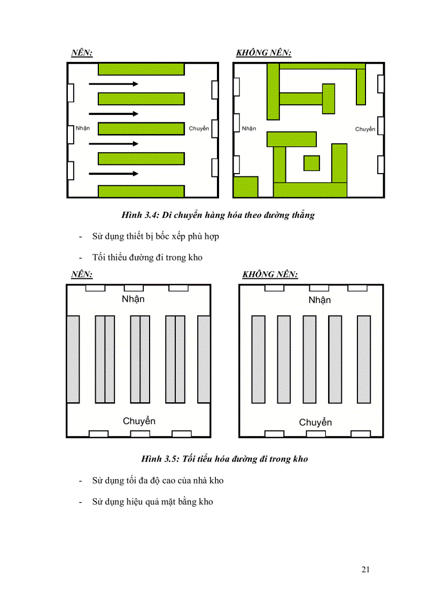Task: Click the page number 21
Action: click(x=365, y=570)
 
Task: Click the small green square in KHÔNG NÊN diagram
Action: click(x=312, y=163)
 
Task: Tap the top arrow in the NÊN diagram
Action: click(x=113, y=84)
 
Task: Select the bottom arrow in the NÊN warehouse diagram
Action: click(x=113, y=174)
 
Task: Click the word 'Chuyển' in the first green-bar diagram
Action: click(x=199, y=128)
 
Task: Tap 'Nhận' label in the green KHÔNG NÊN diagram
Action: click(x=249, y=128)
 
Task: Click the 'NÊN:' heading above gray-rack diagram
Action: click(x=82, y=274)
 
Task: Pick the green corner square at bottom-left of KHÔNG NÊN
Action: click(x=246, y=187)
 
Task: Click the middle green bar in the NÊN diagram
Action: click(x=141, y=129)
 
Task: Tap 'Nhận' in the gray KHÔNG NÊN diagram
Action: click(x=320, y=300)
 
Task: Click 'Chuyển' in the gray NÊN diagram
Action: click(x=139, y=421)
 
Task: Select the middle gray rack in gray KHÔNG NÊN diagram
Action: click(x=310, y=359)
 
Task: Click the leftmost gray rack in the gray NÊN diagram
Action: click(x=73, y=359)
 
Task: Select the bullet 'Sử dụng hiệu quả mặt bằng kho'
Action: click(x=152, y=502)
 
